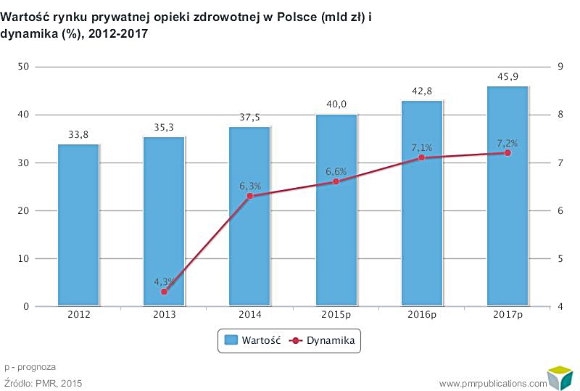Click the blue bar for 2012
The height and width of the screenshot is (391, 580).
(78, 225)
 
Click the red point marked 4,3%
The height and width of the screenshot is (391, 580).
(164, 292)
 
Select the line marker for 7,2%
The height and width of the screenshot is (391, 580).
(507, 153)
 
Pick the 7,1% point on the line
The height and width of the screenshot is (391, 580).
(421, 157)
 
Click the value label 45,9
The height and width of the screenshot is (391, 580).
(507, 76)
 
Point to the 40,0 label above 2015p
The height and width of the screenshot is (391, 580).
(336, 104)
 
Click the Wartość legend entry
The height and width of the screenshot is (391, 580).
(252, 340)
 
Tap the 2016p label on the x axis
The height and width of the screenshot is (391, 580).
(421, 316)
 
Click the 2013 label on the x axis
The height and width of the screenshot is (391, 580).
(164, 316)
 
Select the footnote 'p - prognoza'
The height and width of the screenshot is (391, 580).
(30, 367)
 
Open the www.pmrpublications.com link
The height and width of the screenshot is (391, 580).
(493, 383)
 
